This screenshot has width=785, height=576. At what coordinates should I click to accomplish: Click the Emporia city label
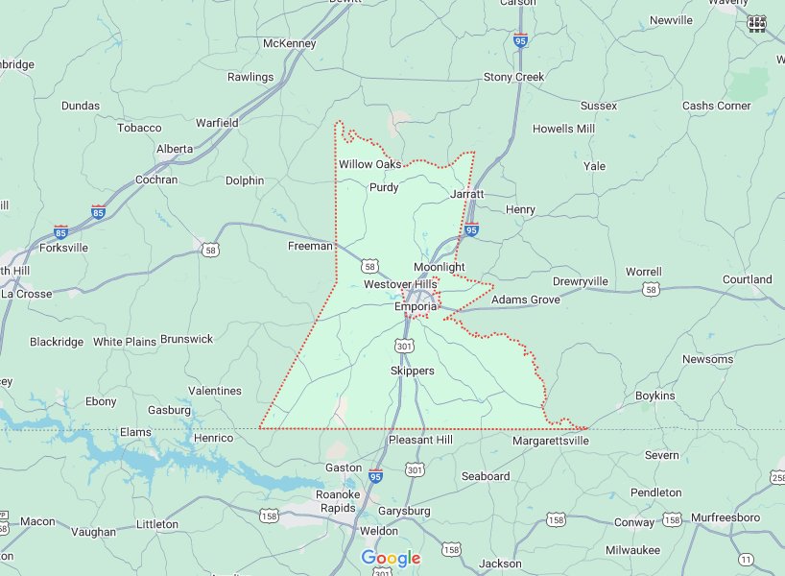click(x=415, y=307)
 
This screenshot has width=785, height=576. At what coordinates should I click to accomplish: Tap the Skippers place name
click(x=413, y=371)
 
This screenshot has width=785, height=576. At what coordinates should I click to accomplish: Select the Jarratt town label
click(x=467, y=194)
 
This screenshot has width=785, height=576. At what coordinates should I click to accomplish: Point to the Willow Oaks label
click(x=369, y=164)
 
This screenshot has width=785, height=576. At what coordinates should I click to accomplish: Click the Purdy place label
click(x=384, y=188)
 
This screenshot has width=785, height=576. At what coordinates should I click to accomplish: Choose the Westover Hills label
click(x=400, y=285)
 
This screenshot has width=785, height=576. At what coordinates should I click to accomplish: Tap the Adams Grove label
click(x=525, y=300)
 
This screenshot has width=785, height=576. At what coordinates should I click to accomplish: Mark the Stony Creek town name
click(x=513, y=77)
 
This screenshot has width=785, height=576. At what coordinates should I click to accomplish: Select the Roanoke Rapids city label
click(x=337, y=501)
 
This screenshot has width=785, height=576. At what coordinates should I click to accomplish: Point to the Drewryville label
click(x=580, y=281)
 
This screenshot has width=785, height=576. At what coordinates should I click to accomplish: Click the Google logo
click(x=391, y=559)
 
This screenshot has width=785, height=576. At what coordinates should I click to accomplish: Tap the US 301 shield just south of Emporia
click(x=404, y=345)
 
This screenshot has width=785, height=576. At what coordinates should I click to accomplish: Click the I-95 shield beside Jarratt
click(x=471, y=230)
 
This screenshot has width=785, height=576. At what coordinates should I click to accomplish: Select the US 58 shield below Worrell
click(x=652, y=289)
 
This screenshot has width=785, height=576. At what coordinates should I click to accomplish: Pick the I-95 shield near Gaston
click(x=375, y=475)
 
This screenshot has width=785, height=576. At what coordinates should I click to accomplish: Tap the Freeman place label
click(x=310, y=247)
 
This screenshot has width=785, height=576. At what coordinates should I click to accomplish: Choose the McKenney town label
click(x=289, y=43)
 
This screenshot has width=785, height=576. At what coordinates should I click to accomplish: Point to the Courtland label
click(x=747, y=279)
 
